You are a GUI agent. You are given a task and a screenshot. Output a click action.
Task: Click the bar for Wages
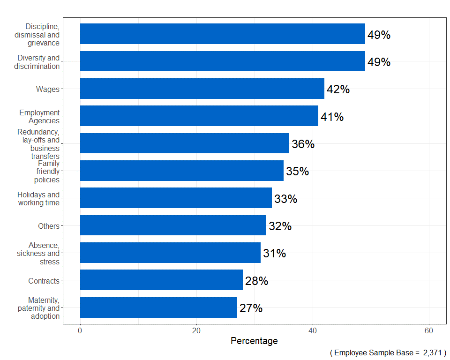(x=202, y=89)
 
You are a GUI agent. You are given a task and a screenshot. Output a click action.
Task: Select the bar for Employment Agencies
(x=199, y=116)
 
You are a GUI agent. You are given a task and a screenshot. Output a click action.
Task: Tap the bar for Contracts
(x=161, y=280)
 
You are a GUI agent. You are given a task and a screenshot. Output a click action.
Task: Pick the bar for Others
(x=173, y=225)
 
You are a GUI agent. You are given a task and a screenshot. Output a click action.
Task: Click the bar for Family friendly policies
(x=182, y=171)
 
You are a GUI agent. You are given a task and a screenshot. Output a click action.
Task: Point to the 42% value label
(x=338, y=90)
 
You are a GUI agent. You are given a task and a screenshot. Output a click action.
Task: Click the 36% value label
(x=303, y=144)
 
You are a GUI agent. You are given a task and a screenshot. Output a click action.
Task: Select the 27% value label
(x=251, y=308)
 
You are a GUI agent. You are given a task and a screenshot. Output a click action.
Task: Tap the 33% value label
(x=285, y=199)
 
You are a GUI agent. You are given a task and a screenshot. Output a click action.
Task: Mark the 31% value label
(x=274, y=254)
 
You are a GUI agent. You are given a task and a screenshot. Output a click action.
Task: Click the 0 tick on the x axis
(x=80, y=330)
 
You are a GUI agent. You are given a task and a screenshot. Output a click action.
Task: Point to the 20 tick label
(x=196, y=330)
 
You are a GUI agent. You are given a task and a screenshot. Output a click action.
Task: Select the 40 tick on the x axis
(x=313, y=330)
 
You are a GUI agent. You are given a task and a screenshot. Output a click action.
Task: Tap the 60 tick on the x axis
(x=428, y=330)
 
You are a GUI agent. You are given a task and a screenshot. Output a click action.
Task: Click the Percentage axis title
(x=254, y=341)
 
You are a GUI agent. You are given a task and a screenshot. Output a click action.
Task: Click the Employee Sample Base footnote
(x=388, y=352)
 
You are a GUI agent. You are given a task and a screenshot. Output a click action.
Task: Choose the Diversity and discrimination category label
(x=38, y=62)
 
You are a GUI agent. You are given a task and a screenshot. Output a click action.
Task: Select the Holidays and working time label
(x=38, y=199)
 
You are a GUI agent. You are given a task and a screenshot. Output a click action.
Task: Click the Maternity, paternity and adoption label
(x=38, y=308)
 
